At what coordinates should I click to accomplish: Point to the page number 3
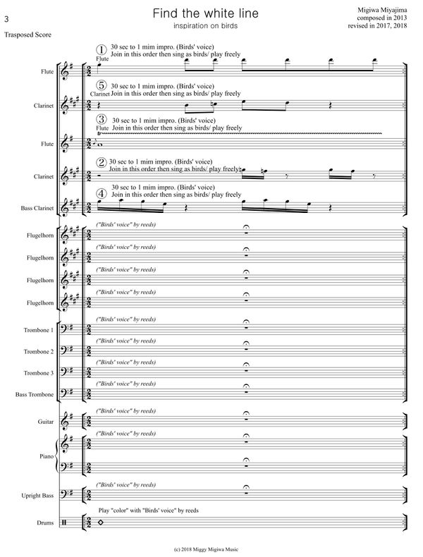[6, 9]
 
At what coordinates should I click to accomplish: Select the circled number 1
[102, 49]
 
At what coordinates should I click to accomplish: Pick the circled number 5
[102, 85]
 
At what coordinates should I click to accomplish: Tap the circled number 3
[102, 120]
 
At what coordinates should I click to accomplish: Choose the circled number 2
[102, 162]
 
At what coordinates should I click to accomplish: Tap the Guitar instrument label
[46, 422]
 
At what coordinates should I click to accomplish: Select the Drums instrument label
[47, 522]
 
